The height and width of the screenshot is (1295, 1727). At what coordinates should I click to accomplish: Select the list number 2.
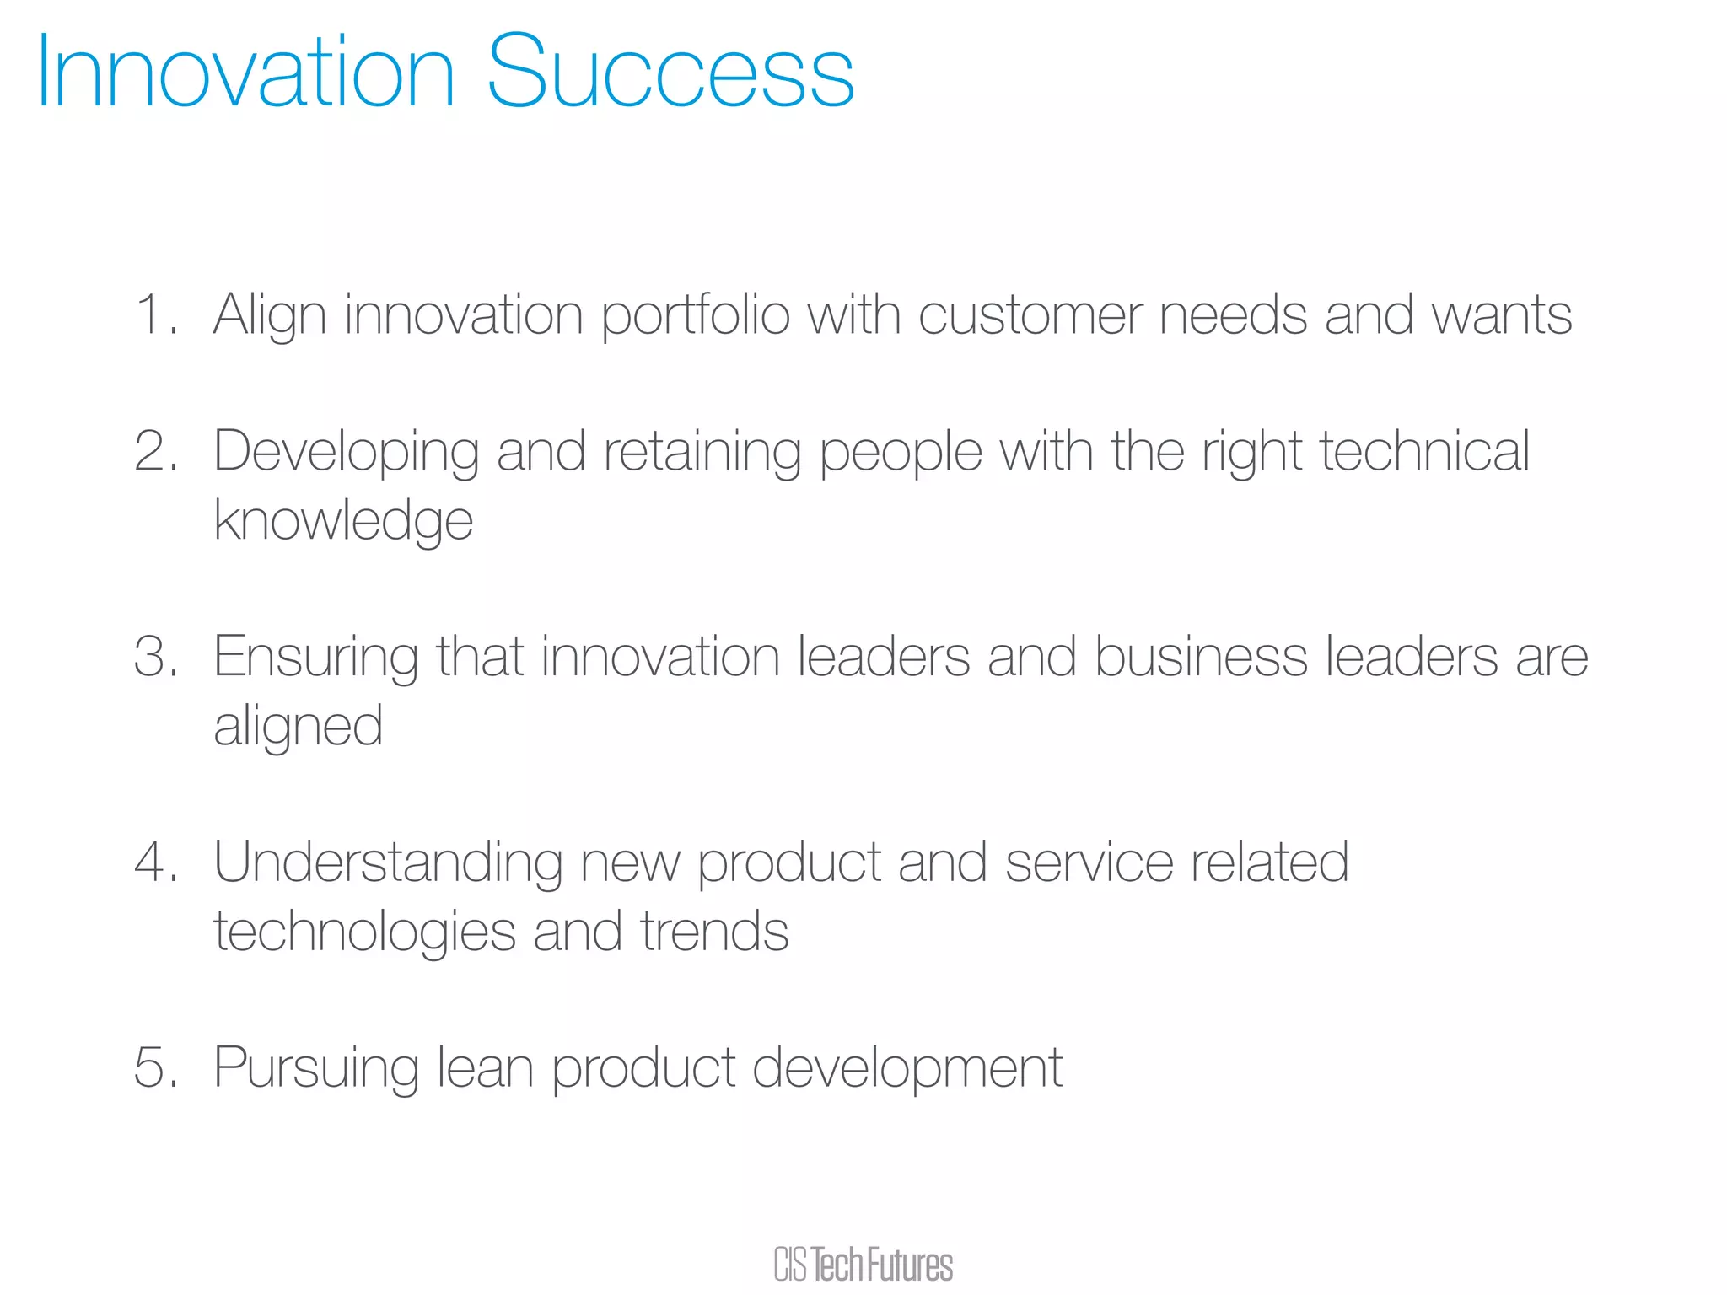click(x=153, y=451)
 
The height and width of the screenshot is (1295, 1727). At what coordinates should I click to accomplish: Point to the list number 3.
click(x=153, y=656)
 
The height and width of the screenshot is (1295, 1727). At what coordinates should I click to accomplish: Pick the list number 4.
click(x=153, y=862)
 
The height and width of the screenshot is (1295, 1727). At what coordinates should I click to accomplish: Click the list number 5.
click(x=153, y=1067)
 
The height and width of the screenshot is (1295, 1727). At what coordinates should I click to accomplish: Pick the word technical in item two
click(x=1423, y=451)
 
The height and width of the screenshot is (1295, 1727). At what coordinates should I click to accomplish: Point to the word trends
click(x=714, y=932)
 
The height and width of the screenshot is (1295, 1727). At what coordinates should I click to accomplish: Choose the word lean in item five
click(x=485, y=1067)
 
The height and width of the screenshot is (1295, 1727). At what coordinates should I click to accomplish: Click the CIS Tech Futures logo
click(x=863, y=1265)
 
